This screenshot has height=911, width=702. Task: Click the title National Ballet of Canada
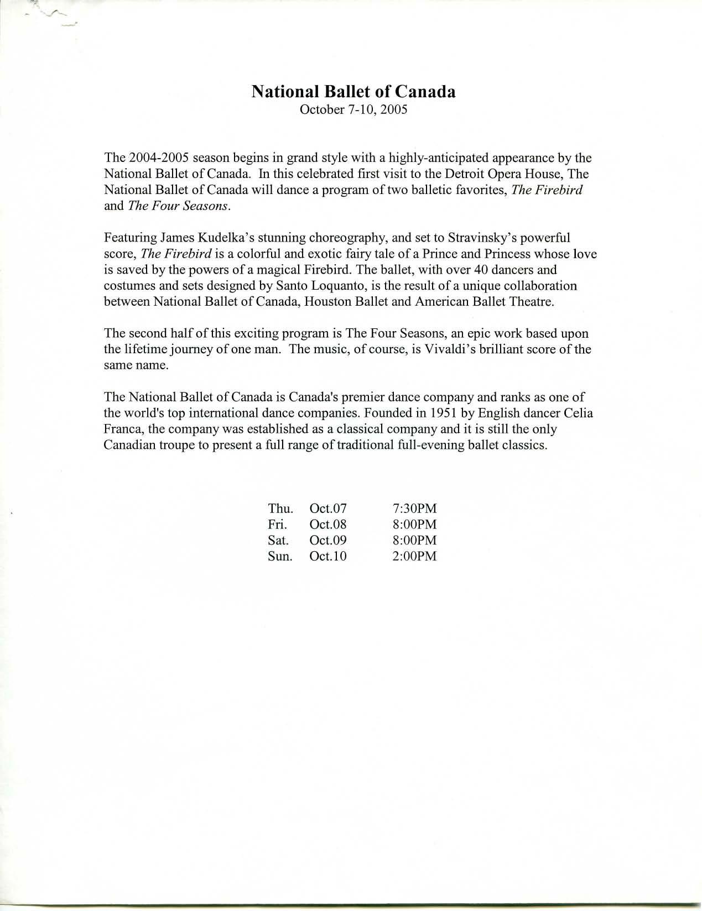click(353, 91)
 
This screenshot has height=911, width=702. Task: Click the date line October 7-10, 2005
click(353, 109)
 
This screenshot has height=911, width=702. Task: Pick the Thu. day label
click(280, 508)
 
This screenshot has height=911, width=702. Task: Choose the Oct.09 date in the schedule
click(328, 540)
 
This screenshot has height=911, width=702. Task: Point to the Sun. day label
click(280, 556)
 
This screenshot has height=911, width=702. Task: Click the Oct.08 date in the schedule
click(328, 524)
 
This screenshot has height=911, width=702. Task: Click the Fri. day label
click(277, 524)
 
